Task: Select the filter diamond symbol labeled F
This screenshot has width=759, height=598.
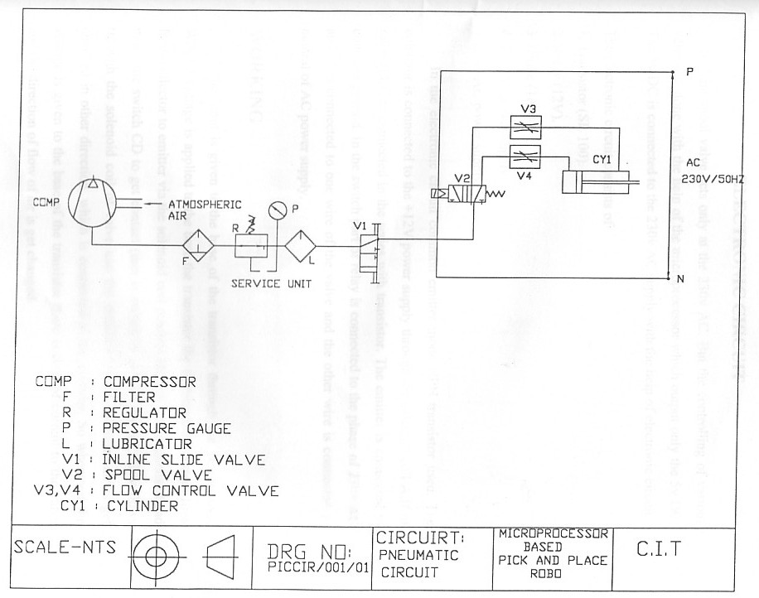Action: tap(199, 245)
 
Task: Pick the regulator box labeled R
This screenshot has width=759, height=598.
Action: tap(248, 245)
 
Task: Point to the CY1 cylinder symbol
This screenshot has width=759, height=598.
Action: tap(598, 182)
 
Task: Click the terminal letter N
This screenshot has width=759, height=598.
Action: tap(680, 279)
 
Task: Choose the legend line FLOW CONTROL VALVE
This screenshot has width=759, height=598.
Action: tap(190, 490)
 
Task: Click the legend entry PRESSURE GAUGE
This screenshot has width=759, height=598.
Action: tap(166, 428)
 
